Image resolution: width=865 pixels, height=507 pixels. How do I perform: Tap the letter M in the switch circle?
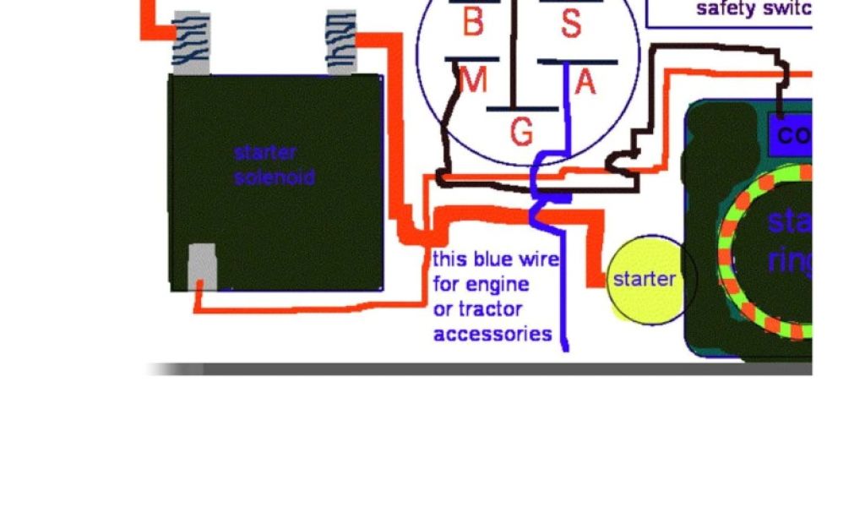click(x=473, y=81)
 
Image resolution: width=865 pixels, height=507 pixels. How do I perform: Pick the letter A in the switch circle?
click(x=585, y=82)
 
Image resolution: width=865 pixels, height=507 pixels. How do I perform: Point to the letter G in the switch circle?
click(x=522, y=132)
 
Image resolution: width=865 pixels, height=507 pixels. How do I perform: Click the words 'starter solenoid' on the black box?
click(x=275, y=165)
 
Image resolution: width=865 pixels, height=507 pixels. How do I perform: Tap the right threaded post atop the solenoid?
click(x=340, y=42)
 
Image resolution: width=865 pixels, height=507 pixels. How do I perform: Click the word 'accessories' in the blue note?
click(x=492, y=334)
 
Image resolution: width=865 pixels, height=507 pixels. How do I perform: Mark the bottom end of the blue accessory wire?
click(x=566, y=347)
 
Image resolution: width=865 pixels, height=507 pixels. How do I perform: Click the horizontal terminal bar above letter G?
click(x=522, y=109)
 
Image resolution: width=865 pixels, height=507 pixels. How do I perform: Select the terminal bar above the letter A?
click(x=578, y=62)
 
